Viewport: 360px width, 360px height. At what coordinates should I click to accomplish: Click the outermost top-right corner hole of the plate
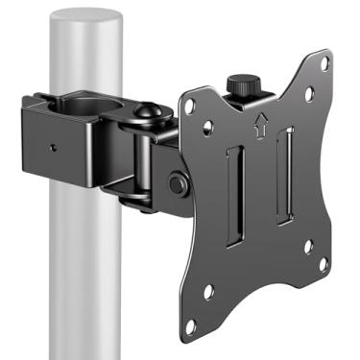[324, 64]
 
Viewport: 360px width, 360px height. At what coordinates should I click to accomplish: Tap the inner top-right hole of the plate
[308, 95]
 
